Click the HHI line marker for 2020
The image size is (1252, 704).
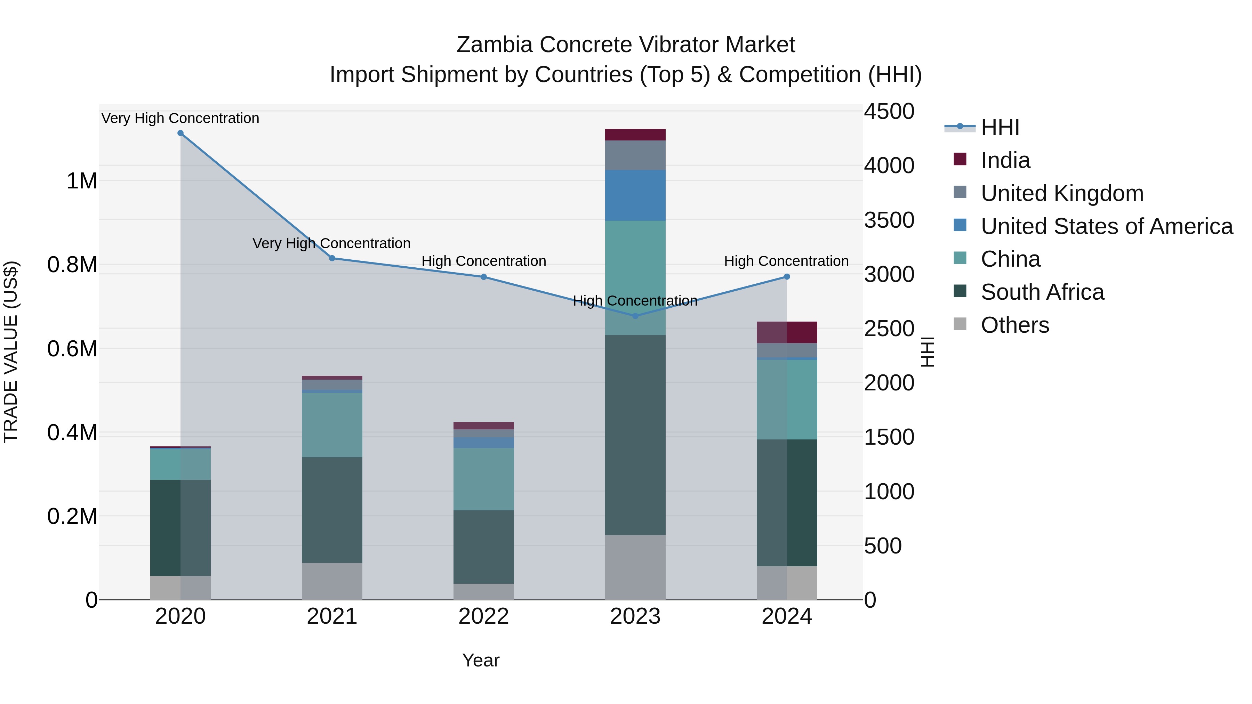180,133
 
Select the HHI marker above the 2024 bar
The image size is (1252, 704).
787,276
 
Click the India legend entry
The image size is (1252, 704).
1005,160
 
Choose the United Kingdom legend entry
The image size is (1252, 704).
1062,193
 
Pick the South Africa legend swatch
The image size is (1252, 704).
960,292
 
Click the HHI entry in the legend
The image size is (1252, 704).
1000,127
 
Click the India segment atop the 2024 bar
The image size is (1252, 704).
787,332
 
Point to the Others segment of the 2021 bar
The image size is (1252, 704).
332,581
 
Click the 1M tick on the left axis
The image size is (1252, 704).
82,181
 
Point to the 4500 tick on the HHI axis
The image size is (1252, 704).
889,111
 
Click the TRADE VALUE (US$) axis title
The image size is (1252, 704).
11,352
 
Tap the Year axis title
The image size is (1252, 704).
481,660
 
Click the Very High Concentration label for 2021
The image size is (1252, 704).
331,243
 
